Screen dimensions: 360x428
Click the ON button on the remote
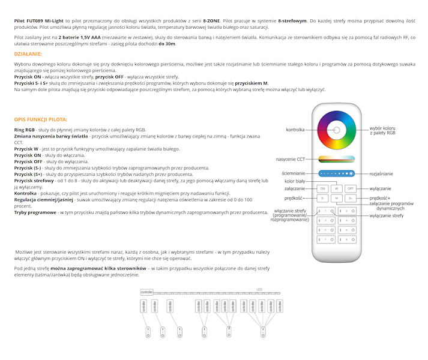[x=322, y=188]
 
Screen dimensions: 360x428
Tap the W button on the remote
[x=337, y=188]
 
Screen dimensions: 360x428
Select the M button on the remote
[x=337, y=198]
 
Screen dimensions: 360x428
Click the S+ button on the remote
[x=351, y=198]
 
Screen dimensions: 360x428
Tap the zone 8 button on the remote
[x=346, y=239]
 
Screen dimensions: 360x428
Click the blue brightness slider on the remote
[x=337, y=173]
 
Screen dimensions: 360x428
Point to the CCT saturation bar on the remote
[x=337, y=159]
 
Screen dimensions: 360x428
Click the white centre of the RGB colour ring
[x=337, y=130]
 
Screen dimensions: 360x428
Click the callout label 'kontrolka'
[x=295, y=130]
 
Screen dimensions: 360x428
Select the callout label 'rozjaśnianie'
[x=381, y=173]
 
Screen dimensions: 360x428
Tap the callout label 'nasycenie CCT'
[x=290, y=160]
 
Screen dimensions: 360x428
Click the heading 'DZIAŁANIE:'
[x=28, y=54]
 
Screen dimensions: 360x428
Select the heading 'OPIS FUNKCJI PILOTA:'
[x=41, y=119]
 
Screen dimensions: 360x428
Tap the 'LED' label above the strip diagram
[x=259, y=289]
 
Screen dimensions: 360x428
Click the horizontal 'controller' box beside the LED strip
[x=147, y=292]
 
